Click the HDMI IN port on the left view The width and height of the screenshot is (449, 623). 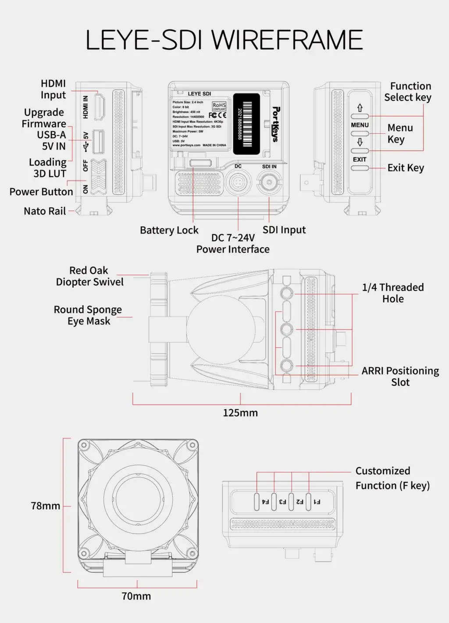pyautogui.click(x=100, y=107)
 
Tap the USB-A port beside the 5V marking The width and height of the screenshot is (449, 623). pyautogui.click(x=99, y=141)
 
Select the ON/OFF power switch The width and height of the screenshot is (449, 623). pyautogui.click(x=99, y=176)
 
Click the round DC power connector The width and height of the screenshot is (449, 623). pyautogui.click(x=238, y=182)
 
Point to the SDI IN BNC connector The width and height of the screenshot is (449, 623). pyautogui.click(x=269, y=182)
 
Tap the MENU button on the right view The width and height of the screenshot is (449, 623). pyautogui.click(x=360, y=133)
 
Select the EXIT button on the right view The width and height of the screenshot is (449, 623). pyautogui.click(x=360, y=167)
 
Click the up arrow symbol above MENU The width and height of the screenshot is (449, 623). pyautogui.click(x=360, y=108)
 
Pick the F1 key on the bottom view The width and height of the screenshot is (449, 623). pyautogui.click(x=309, y=501)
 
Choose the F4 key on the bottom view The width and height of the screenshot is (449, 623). pyautogui.click(x=257, y=501)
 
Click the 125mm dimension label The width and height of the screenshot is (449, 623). pyautogui.click(x=240, y=413)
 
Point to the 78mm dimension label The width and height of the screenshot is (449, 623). pyautogui.click(x=46, y=506)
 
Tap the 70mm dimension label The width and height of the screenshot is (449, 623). pyautogui.click(x=136, y=596)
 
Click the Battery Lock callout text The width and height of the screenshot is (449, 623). pyautogui.click(x=169, y=230)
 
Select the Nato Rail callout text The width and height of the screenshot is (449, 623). pyautogui.click(x=45, y=211)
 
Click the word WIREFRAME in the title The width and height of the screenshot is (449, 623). pyautogui.click(x=288, y=40)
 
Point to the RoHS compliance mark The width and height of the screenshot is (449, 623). pyautogui.click(x=219, y=106)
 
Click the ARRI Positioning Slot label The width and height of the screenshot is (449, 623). pyautogui.click(x=400, y=376)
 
